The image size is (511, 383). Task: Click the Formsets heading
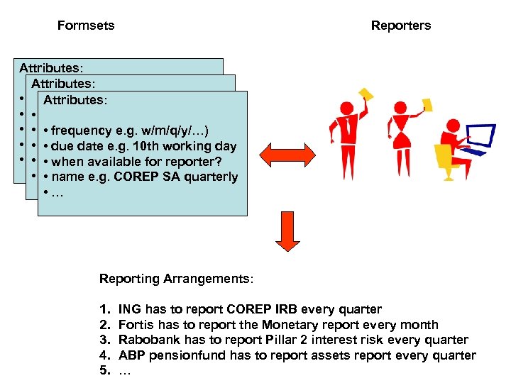(86, 26)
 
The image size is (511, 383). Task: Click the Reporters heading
(400, 26)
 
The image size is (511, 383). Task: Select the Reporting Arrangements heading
(175, 279)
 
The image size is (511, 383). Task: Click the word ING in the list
(129, 309)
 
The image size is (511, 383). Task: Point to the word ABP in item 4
(131, 355)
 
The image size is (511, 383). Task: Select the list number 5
(104, 370)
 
